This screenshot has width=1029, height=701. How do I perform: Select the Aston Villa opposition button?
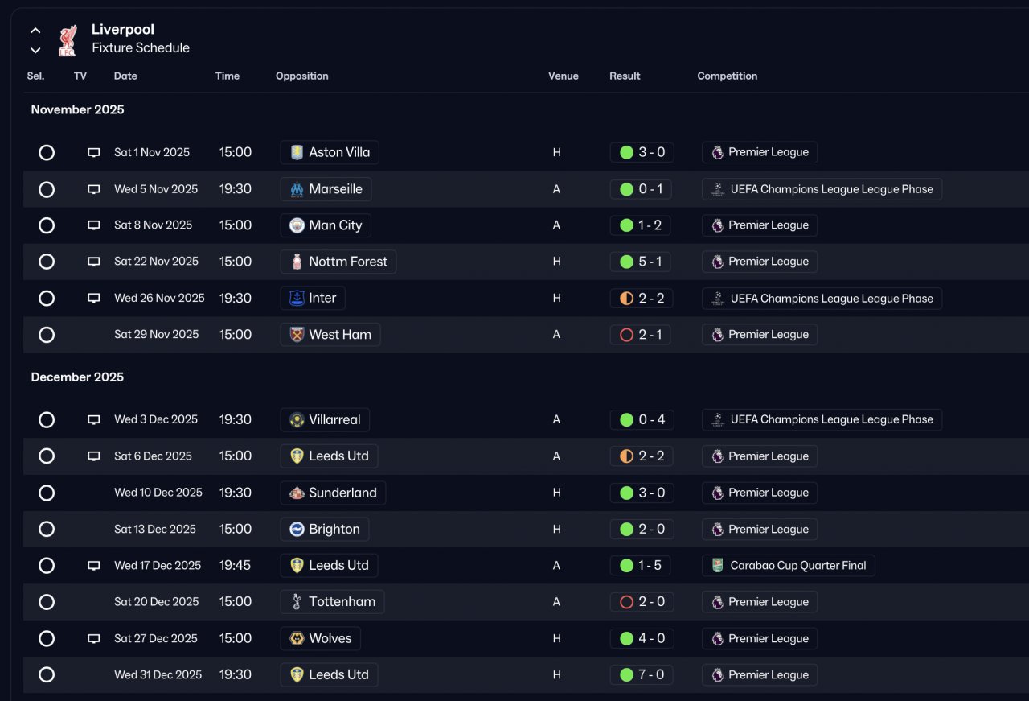[330, 152]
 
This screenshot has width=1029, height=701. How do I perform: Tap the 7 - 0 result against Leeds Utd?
[641, 674]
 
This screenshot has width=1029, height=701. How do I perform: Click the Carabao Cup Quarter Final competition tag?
[788, 565]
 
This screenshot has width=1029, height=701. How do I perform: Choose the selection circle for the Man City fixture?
[47, 225]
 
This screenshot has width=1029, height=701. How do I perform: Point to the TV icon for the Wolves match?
[94, 638]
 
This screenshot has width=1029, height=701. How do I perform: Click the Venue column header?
[563, 76]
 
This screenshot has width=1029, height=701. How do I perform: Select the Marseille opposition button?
[326, 189]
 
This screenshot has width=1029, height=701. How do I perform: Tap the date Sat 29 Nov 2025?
[156, 334]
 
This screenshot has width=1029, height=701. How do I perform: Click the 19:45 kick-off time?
[235, 565]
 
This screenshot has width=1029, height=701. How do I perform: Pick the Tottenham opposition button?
[332, 601]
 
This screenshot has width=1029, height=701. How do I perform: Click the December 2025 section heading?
[77, 377]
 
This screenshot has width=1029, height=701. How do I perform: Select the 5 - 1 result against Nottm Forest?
[641, 262]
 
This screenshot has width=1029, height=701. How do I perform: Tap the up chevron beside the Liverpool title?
[35, 31]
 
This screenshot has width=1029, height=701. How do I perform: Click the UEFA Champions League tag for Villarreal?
[822, 419]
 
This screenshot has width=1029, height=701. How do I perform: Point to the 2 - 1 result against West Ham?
[641, 334]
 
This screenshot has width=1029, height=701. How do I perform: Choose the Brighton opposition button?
[325, 529]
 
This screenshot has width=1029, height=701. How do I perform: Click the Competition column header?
[727, 76]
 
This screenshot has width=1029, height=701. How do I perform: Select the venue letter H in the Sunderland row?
[556, 493]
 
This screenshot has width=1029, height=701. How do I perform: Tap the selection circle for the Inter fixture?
[47, 299]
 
